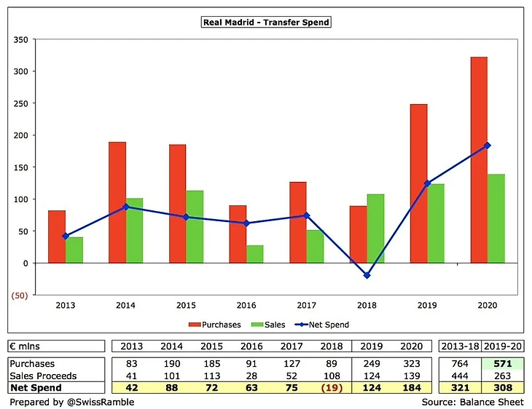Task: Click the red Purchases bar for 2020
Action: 479,159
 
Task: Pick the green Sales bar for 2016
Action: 254,253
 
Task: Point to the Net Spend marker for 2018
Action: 367,276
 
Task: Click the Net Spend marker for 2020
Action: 488,146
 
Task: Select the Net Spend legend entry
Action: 324,325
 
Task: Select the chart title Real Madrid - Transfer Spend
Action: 265,22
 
